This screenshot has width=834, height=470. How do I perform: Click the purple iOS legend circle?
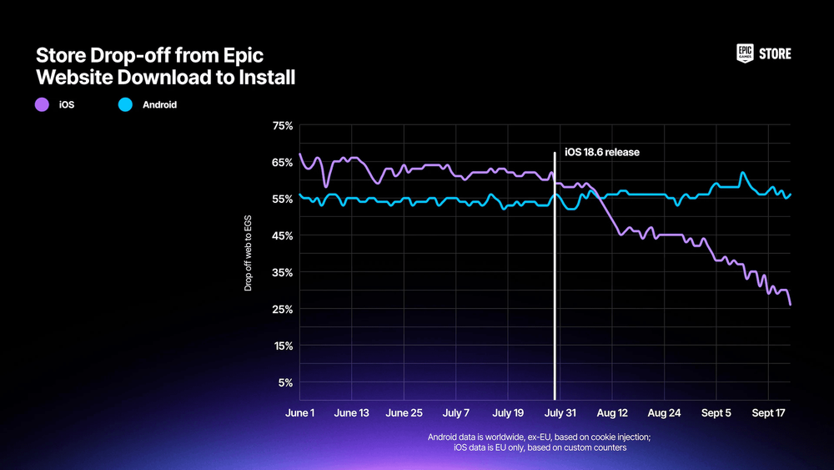42,105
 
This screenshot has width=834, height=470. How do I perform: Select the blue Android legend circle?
126,105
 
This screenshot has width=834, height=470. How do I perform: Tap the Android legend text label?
159,105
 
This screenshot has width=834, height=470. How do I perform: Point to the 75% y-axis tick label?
283,126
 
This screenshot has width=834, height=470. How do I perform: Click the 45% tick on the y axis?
283,236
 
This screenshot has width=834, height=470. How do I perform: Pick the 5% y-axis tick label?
285,383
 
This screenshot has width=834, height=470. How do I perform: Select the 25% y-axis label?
283,310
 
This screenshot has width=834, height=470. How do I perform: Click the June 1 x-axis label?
299,413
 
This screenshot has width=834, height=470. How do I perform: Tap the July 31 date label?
559,413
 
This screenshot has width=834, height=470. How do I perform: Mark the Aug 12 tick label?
612,413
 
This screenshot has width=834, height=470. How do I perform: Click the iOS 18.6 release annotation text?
601,153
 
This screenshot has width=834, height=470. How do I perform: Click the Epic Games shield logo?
745,53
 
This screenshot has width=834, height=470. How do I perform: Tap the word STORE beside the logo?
775,54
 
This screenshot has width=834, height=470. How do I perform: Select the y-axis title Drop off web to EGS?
248,252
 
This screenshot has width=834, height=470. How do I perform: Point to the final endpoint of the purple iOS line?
790,305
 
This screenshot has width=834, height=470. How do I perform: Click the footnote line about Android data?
539,437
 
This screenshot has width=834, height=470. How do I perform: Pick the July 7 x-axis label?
456,413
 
